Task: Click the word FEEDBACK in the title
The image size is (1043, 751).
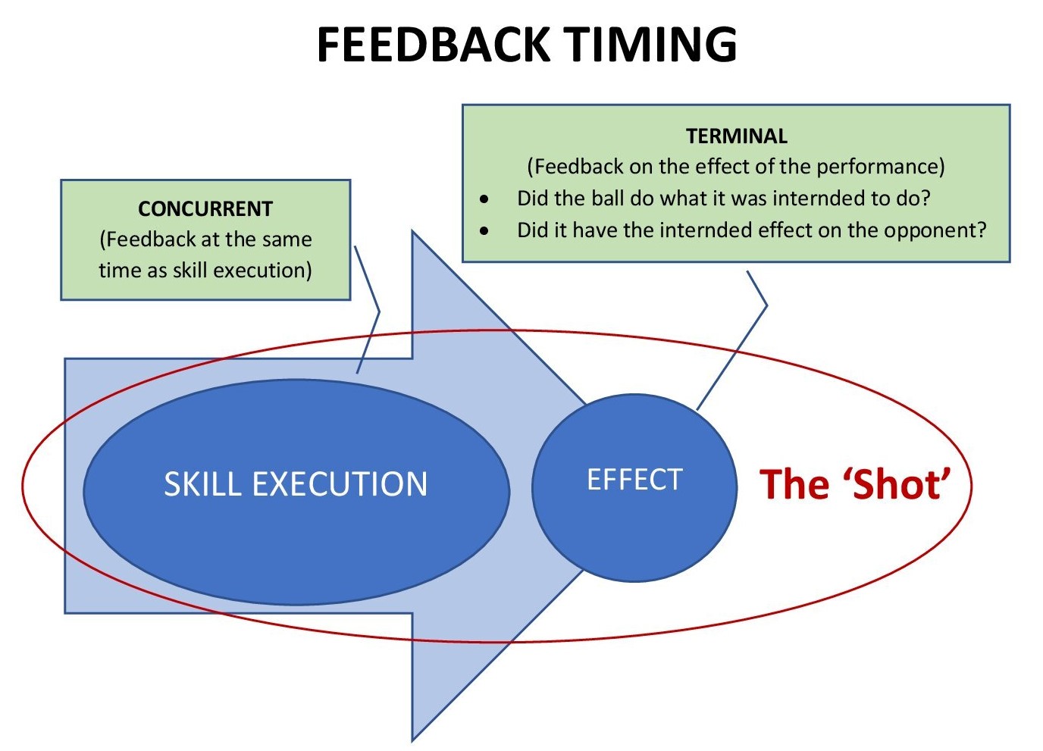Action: coord(432,44)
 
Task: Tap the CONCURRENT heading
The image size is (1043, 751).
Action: coord(205,208)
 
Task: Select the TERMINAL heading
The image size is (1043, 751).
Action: coord(737,136)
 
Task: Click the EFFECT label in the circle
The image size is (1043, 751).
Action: coord(634,480)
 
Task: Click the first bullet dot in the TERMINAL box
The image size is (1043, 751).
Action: coord(484,199)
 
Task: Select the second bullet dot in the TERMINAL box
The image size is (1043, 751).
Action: coord(484,231)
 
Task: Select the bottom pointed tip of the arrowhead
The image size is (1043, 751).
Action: coord(414,738)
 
